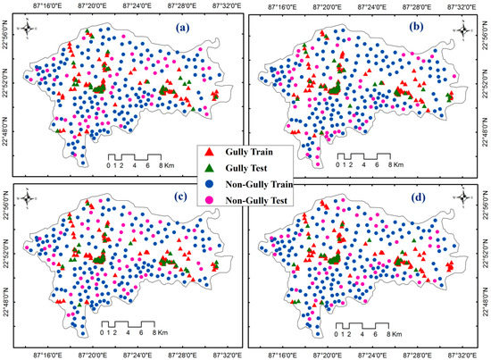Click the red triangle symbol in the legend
click(211, 130)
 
